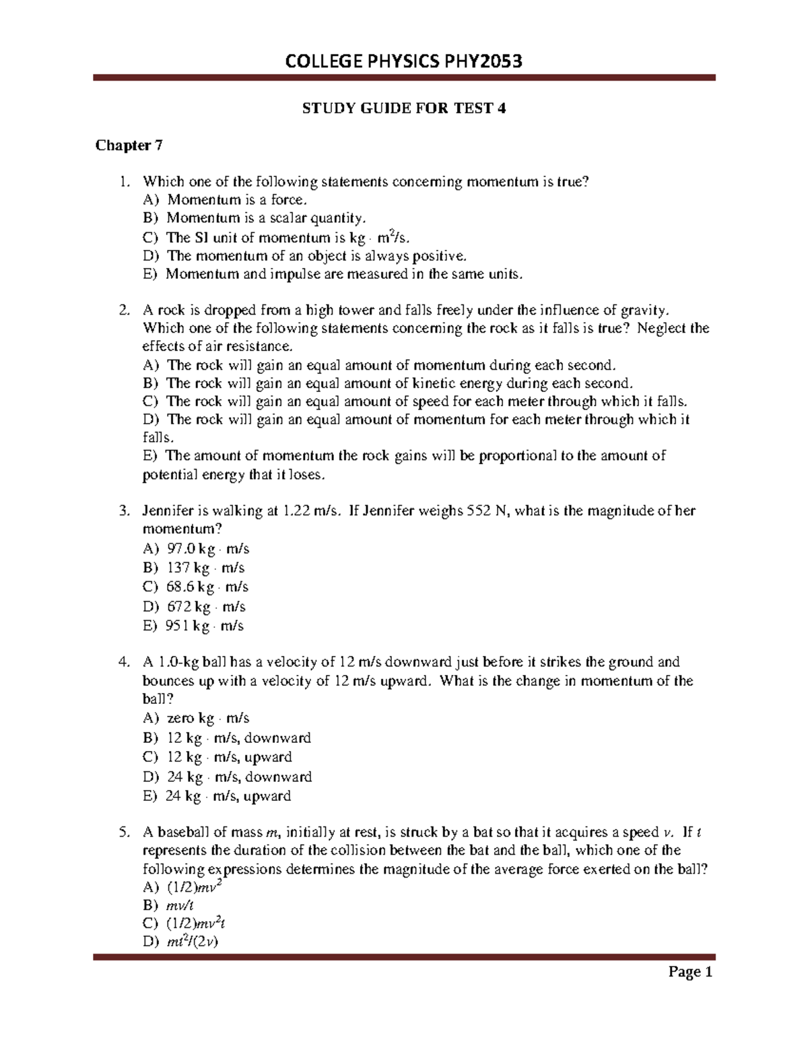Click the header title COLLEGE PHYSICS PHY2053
pyautogui.click(x=404, y=62)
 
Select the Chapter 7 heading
pyautogui.click(x=129, y=145)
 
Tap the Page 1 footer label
pyautogui.click(x=689, y=971)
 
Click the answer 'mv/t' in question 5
pyautogui.click(x=180, y=906)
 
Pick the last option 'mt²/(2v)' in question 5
pyautogui.click(x=192, y=942)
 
